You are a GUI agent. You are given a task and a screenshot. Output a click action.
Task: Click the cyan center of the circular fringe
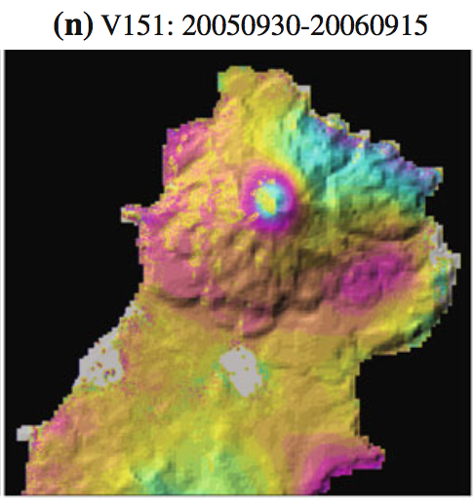pos(267,199)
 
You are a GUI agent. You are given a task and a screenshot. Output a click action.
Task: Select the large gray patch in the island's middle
pos(238,371)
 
